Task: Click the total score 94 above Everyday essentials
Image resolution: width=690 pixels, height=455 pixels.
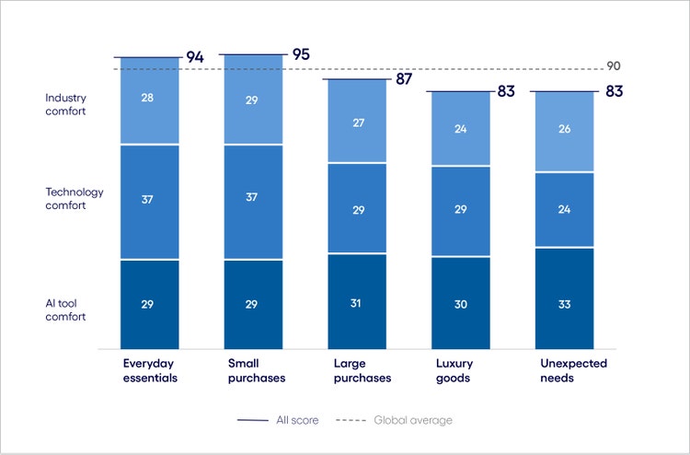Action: coord(194,57)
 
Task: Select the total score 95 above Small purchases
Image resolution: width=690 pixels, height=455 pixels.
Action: coord(300,54)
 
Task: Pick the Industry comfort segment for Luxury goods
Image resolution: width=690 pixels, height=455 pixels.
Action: coord(460,129)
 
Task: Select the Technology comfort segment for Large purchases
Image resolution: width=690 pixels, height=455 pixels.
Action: coord(357,208)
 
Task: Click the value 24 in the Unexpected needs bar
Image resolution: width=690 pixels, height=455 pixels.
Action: coord(565,209)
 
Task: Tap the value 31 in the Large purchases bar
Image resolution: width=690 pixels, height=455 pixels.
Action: coord(357,304)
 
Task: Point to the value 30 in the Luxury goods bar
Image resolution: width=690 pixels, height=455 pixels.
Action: coord(460,304)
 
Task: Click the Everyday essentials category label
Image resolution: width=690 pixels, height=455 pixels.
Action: coord(149,370)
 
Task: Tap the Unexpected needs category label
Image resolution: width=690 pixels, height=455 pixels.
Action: coord(571,370)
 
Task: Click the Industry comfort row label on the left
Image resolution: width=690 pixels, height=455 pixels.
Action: coord(65,104)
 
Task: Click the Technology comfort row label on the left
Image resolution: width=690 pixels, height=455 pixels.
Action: coord(75,199)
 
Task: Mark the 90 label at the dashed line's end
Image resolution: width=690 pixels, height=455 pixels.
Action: coord(615,66)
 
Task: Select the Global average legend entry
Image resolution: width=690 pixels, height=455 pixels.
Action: coord(393,420)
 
